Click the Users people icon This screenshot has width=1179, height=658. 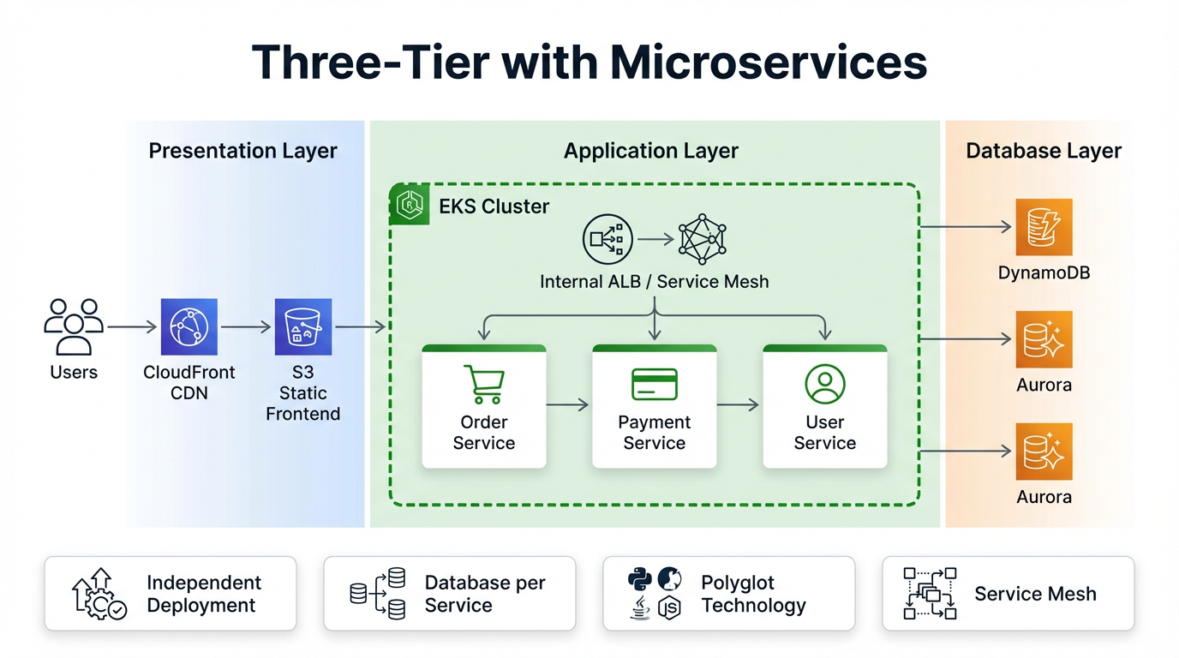[x=74, y=326]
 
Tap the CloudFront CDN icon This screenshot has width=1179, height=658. [x=189, y=326]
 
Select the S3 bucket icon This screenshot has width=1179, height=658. [x=303, y=326]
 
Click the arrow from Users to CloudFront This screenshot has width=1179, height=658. [x=132, y=326]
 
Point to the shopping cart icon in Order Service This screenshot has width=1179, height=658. [x=483, y=385]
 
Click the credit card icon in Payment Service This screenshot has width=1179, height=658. [x=655, y=385]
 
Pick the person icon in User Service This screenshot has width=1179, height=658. [x=825, y=385]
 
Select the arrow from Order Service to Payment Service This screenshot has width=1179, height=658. [x=568, y=404]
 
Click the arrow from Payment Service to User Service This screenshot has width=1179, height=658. [x=739, y=404]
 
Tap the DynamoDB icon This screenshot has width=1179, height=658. [x=1044, y=227]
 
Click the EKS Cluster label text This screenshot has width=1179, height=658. [x=494, y=206]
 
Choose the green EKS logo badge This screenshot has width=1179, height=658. [x=410, y=204]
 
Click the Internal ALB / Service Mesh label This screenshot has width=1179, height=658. [x=654, y=281]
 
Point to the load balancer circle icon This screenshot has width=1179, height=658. [x=607, y=239]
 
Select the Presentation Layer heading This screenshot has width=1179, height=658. [x=242, y=151]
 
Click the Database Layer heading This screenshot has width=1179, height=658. [x=1044, y=151]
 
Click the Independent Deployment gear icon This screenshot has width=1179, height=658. [x=99, y=594]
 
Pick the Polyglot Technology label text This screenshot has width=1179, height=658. [x=753, y=594]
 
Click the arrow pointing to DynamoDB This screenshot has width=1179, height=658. [x=967, y=227]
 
